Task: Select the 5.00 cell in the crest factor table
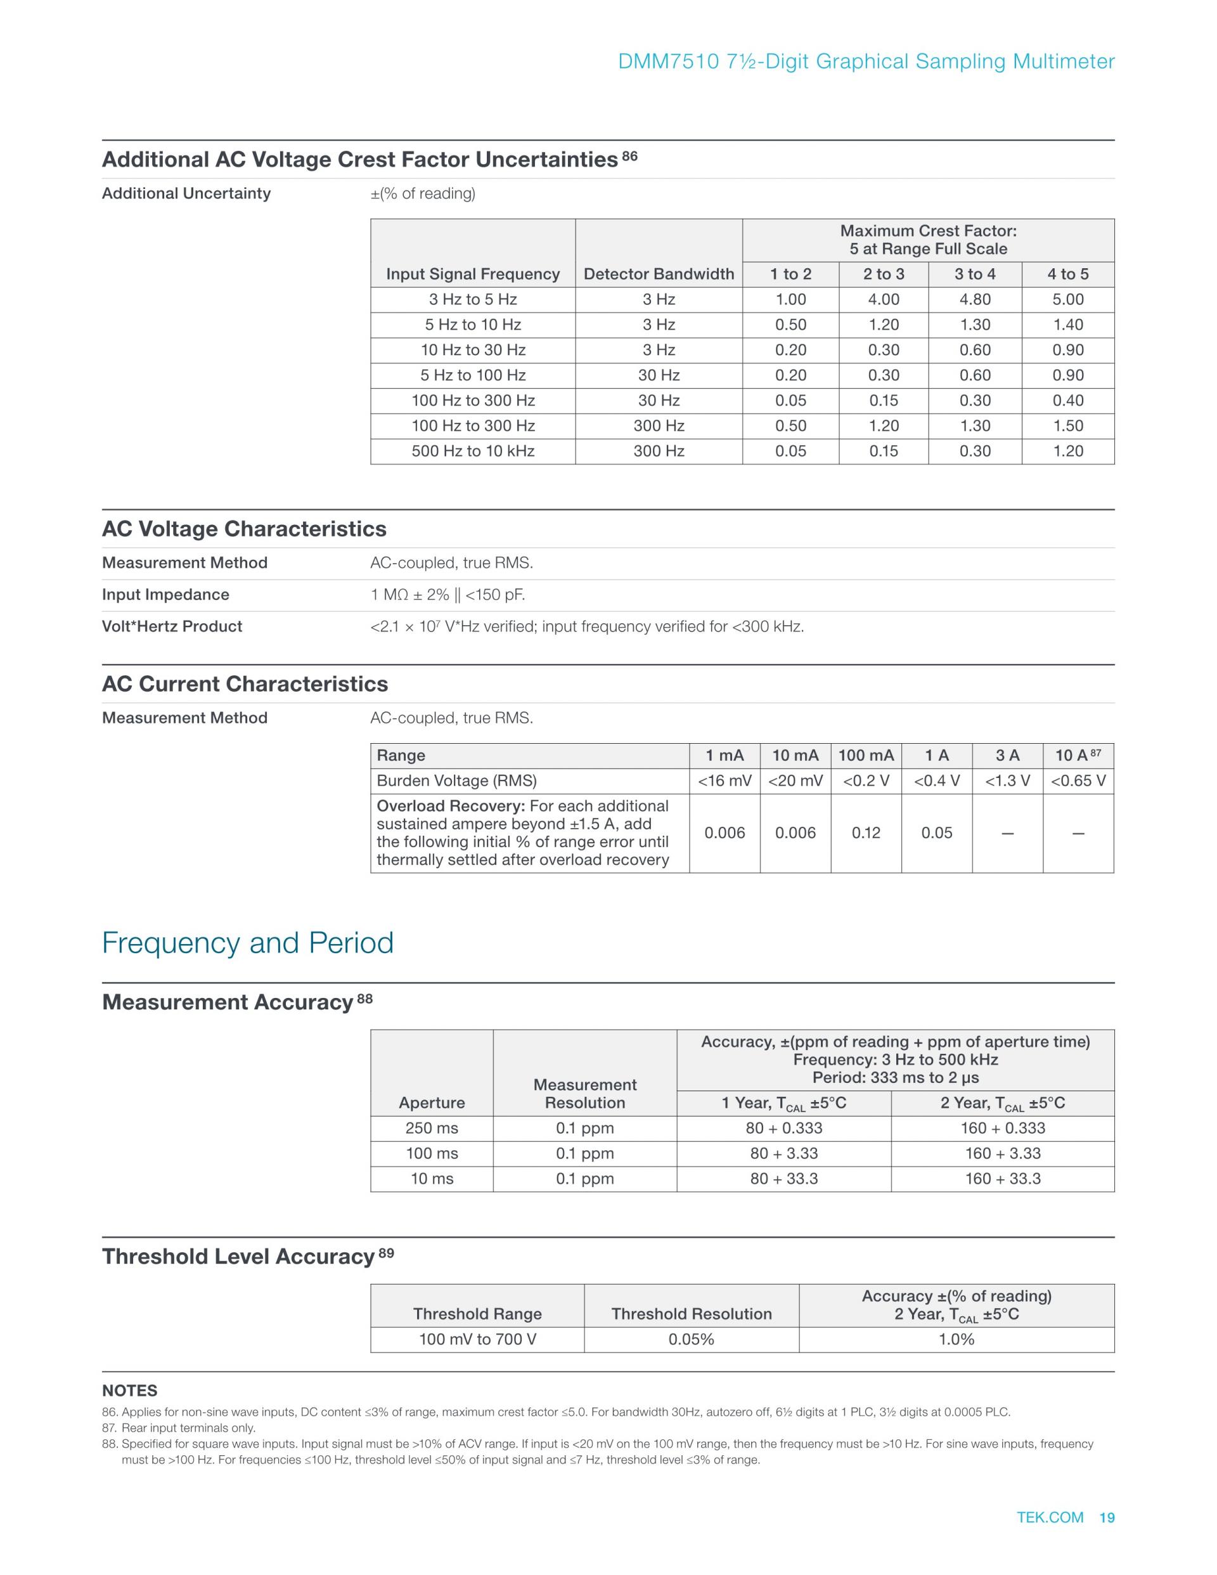point(1068,299)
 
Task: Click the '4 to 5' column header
point(1068,274)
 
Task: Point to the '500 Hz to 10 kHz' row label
point(473,451)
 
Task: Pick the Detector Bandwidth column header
point(658,274)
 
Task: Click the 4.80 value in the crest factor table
point(975,299)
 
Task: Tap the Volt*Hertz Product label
point(172,626)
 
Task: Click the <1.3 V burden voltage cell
point(1007,781)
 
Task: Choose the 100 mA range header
point(866,755)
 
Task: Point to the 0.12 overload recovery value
point(866,833)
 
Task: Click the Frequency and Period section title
point(247,943)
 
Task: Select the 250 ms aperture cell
point(432,1128)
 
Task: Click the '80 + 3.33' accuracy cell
point(783,1153)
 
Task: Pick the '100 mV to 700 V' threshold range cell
point(477,1339)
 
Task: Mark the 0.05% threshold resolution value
point(692,1339)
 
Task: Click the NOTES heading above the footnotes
point(130,1390)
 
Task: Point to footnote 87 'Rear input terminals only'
point(188,1428)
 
